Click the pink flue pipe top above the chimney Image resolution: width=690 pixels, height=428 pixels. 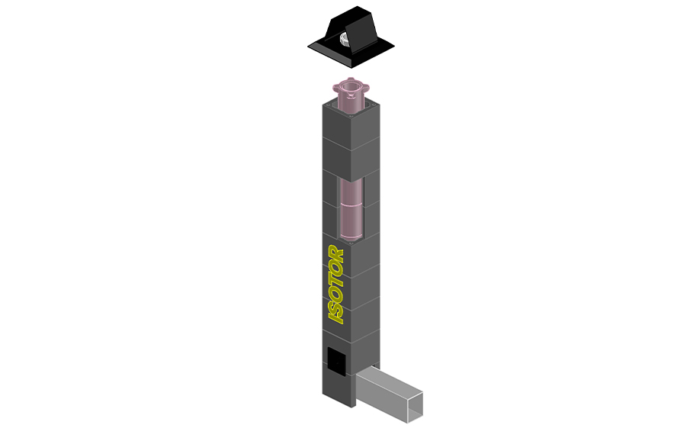[x=351, y=95]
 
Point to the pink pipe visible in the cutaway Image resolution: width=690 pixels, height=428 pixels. [x=351, y=209]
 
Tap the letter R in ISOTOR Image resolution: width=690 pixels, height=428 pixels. [x=335, y=253]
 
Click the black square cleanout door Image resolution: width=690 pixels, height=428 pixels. [x=336, y=362]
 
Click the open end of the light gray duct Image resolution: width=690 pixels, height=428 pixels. [x=415, y=404]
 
